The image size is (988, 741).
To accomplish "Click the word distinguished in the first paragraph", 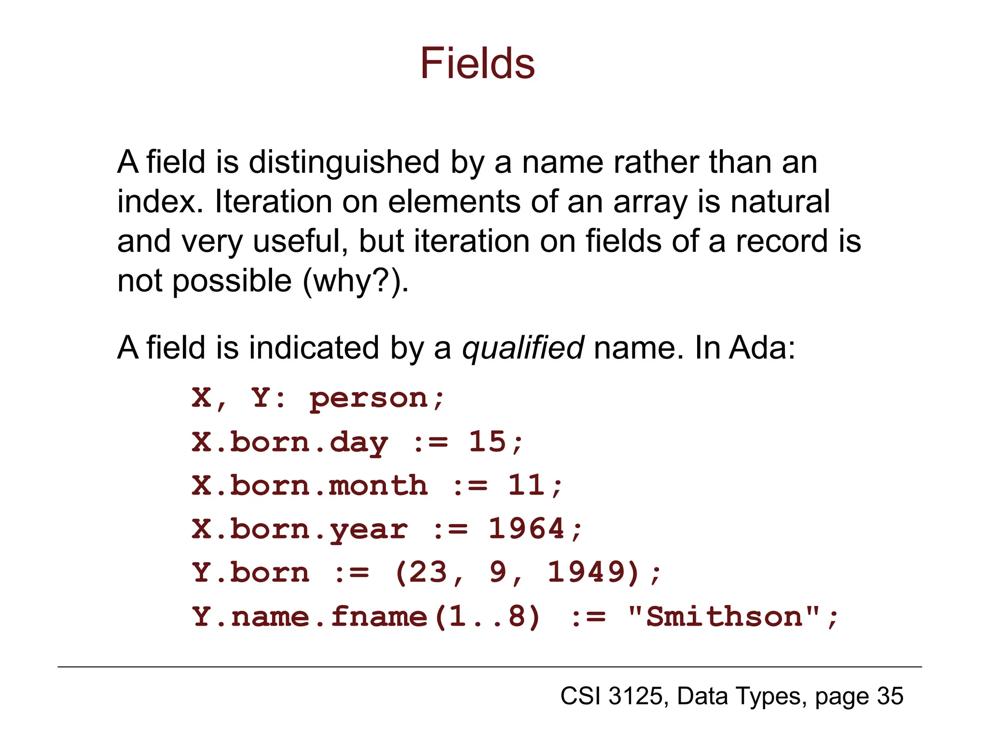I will [343, 162].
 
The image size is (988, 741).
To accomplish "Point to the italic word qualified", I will [523, 348].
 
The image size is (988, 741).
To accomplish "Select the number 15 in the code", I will [488, 442].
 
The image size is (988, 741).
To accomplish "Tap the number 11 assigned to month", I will [527, 485].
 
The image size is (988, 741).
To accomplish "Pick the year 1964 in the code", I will [526, 529].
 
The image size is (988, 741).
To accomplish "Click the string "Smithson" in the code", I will [724, 617].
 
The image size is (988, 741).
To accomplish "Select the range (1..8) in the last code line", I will [487, 617].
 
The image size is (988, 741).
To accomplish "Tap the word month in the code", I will [378, 485].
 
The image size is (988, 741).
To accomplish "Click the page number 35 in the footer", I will [890, 696].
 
